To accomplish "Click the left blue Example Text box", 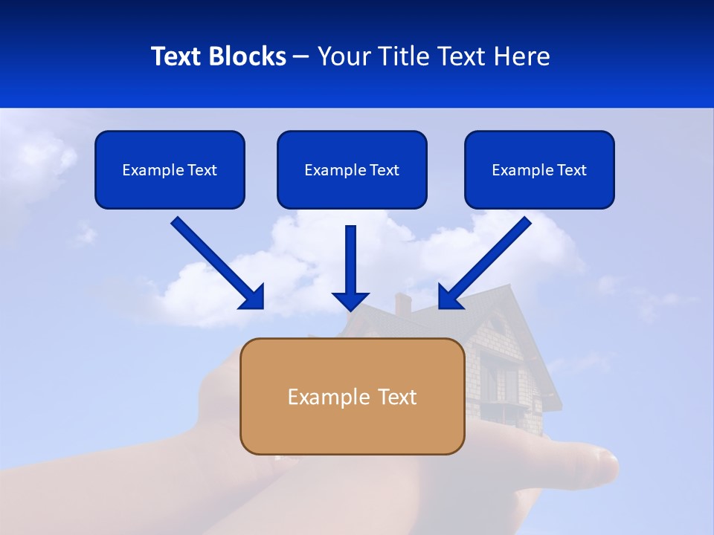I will point(170,169).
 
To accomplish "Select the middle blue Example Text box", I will point(352,169).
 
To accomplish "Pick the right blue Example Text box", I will point(539,169).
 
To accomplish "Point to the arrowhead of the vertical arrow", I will point(350,301).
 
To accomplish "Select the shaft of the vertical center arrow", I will point(350,256).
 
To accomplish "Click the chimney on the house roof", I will point(402,302).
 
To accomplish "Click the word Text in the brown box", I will point(397,397).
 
